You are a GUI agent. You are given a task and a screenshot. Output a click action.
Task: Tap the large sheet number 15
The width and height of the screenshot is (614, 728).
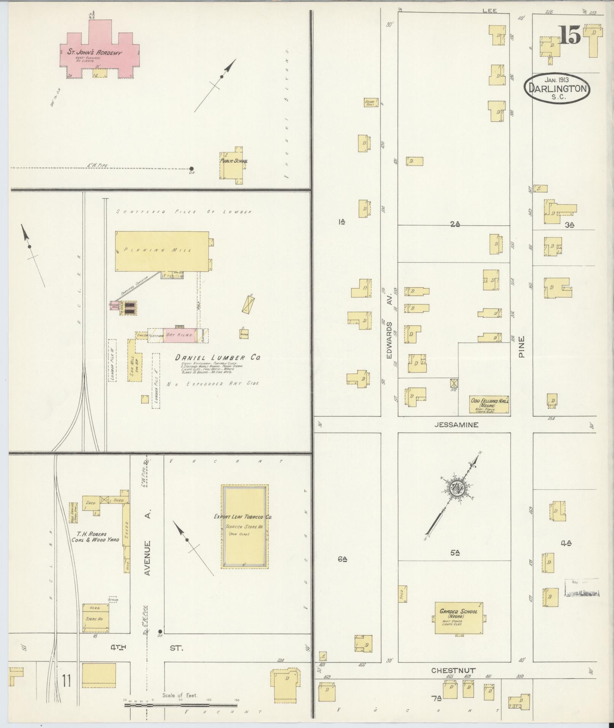click(x=570, y=35)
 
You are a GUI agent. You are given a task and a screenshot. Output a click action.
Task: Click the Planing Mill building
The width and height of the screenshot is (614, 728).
click(x=162, y=251)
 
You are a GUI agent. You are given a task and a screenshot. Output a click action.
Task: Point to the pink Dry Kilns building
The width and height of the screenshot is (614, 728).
click(x=180, y=335)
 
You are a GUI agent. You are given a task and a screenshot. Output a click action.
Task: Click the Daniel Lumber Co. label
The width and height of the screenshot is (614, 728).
click(x=217, y=358)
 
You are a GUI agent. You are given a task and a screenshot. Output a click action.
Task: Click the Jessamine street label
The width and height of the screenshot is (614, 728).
click(x=456, y=425)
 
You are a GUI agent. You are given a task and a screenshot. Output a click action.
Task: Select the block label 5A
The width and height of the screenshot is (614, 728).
click(x=454, y=553)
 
